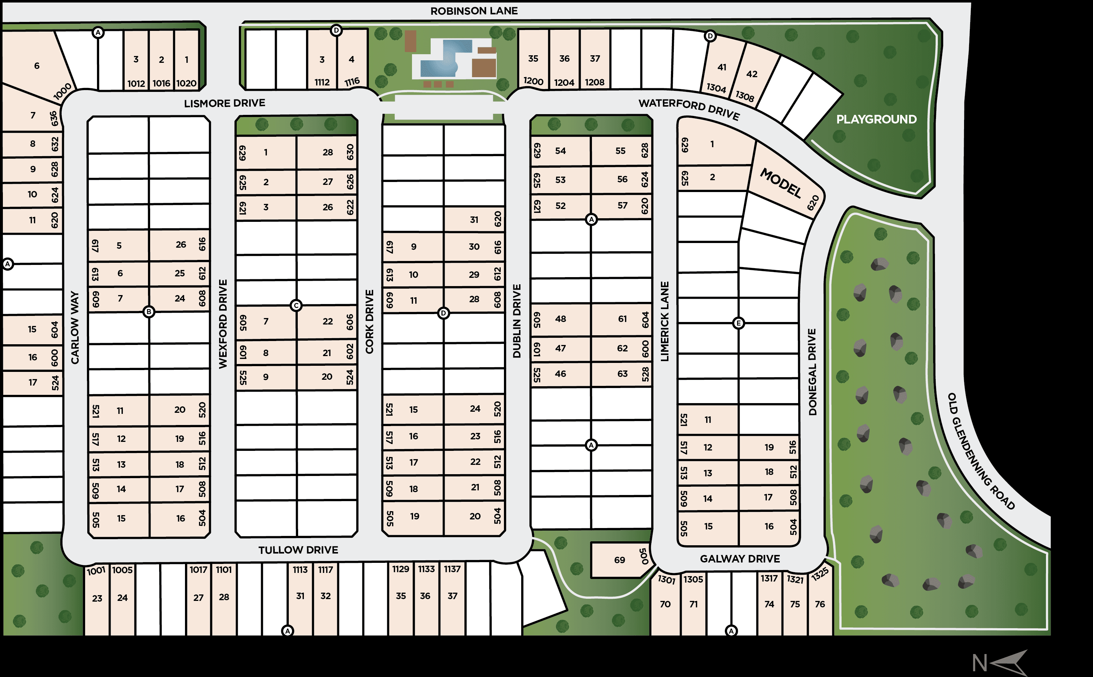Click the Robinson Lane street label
pyautogui.click(x=474, y=11)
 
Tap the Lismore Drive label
pyautogui.click(x=224, y=103)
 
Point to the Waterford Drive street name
pyautogui.click(x=689, y=109)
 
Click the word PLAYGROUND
pyautogui.click(x=876, y=120)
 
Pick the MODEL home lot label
pyautogui.click(x=781, y=183)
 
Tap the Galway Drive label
pyautogui.click(x=740, y=559)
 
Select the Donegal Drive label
pyautogui.click(x=812, y=372)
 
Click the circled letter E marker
pyautogui.click(x=738, y=323)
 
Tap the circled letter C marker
pyautogui.click(x=296, y=305)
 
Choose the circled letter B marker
pyautogui.click(x=149, y=312)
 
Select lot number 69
pyautogui.click(x=620, y=560)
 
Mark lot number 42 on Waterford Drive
pyautogui.click(x=752, y=74)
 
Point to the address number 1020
pyautogui.click(x=186, y=83)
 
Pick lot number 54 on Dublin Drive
pyautogui.click(x=560, y=151)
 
